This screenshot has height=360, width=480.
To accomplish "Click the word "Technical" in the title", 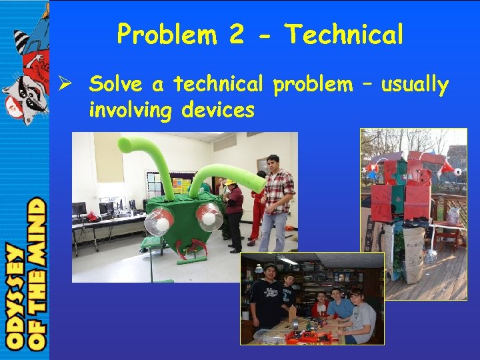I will tap(344, 34).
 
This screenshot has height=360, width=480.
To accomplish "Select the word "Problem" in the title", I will tap(167, 34).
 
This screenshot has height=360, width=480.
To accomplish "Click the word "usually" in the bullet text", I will tap(414, 85).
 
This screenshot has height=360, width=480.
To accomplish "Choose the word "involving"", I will tap(131, 109).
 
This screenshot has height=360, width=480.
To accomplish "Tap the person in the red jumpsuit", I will tap(257, 207).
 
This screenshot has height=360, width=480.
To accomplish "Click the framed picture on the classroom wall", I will tap(262, 164).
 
